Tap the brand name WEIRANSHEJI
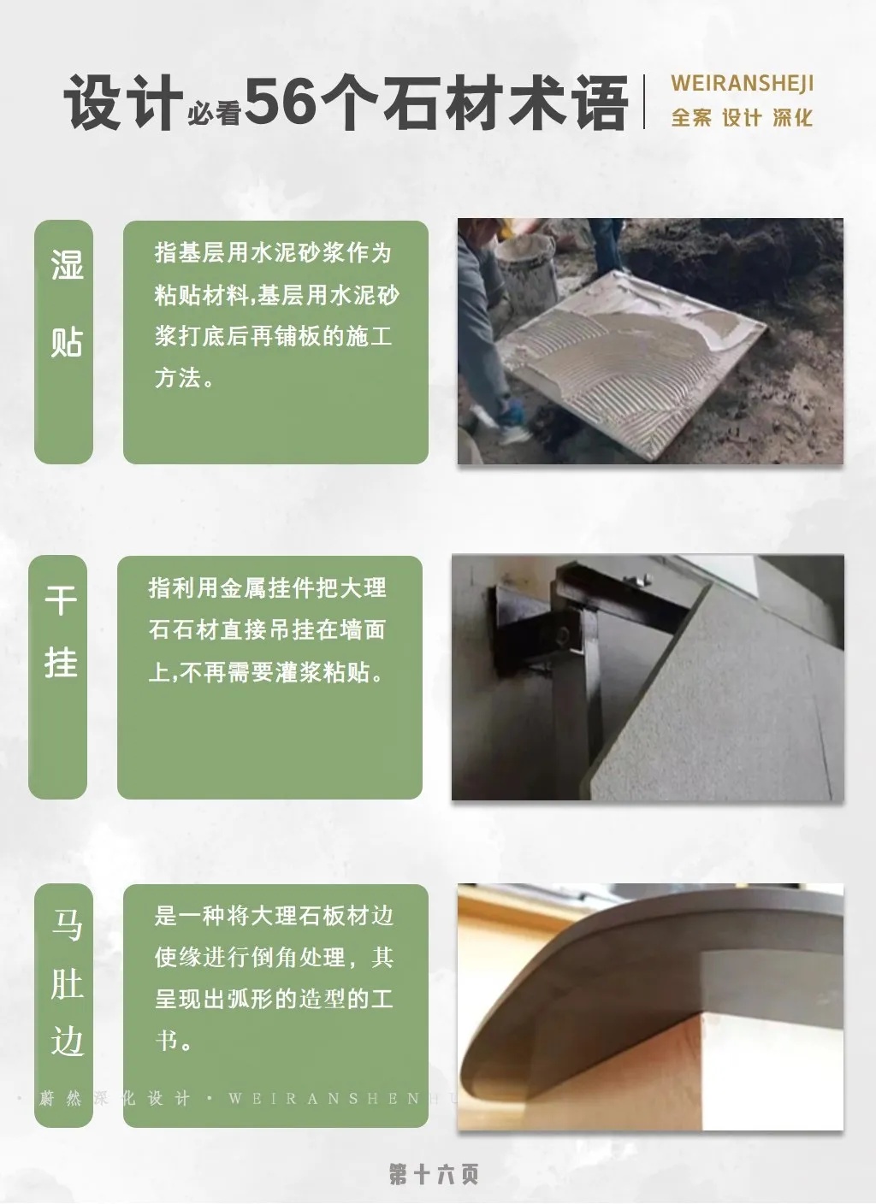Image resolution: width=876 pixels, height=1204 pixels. (742, 84)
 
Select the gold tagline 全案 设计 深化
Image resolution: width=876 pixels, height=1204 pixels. (742, 118)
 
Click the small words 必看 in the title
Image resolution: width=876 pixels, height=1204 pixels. (214, 114)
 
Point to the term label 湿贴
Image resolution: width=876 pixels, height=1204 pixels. (67, 304)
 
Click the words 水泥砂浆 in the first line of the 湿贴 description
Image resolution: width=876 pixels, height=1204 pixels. (298, 252)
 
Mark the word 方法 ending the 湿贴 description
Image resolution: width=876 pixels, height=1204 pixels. (178, 378)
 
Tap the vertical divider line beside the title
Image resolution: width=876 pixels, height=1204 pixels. (644, 101)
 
